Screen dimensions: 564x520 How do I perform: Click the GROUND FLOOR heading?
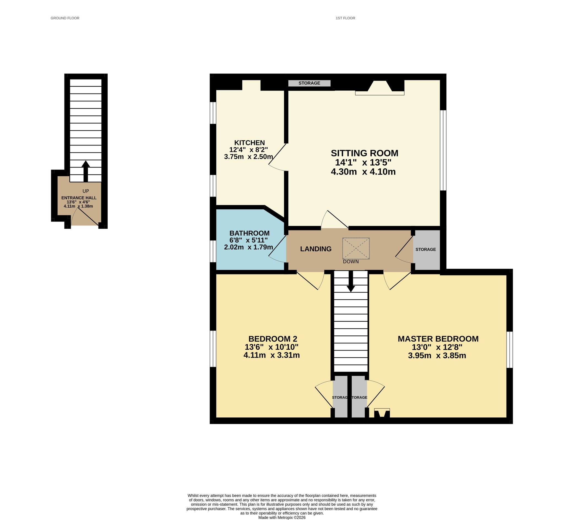pyautogui.click(x=65, y=18)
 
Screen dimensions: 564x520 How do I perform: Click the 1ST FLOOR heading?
pyautogui.click(x=346, y=18)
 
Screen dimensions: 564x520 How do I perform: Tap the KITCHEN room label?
pyautogui.click(x=250, y=143)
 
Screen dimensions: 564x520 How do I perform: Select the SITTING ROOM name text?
pyautogui.click(x=365, y=153)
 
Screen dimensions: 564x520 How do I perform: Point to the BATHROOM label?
pyautogui.click(x=250, y=233)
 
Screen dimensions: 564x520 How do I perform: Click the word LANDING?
pyautogui.click(x=316, y=249)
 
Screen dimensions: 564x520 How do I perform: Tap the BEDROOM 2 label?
pyautogui.click(x=273, y=339)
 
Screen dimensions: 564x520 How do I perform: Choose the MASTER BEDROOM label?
pyautogui.click(x=438, y=339)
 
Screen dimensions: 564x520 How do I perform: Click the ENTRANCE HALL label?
pyautogui.click(x=79, y=198)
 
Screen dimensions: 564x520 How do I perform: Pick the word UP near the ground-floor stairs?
pyautogui.click(x=86, y=191)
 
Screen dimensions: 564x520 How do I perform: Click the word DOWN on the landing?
pyautogui.click(x=351, y=262)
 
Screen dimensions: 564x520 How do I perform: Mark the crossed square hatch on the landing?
pyautogui.click(x=356, y=248)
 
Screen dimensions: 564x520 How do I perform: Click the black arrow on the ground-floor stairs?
pyautogui.click(x=86, y=171)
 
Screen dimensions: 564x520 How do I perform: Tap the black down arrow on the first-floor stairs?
pyautogui.click(x=351, y=281)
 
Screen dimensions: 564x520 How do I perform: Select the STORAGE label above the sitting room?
pyautogui.click(x=309, y=83)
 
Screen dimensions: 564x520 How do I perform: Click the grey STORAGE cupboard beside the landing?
pyautogui.click(x=426, y=250)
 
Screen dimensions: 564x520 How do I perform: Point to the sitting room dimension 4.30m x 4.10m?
pyautogui.click(x=363, y=172)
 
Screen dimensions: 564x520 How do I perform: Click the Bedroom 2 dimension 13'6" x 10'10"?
pyautogui.click(x=272, y=347)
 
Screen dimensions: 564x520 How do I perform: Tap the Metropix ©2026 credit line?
pyautogui.click(x=282, y=518)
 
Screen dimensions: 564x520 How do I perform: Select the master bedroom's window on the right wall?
pyautogui.click(x=510, y=350)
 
